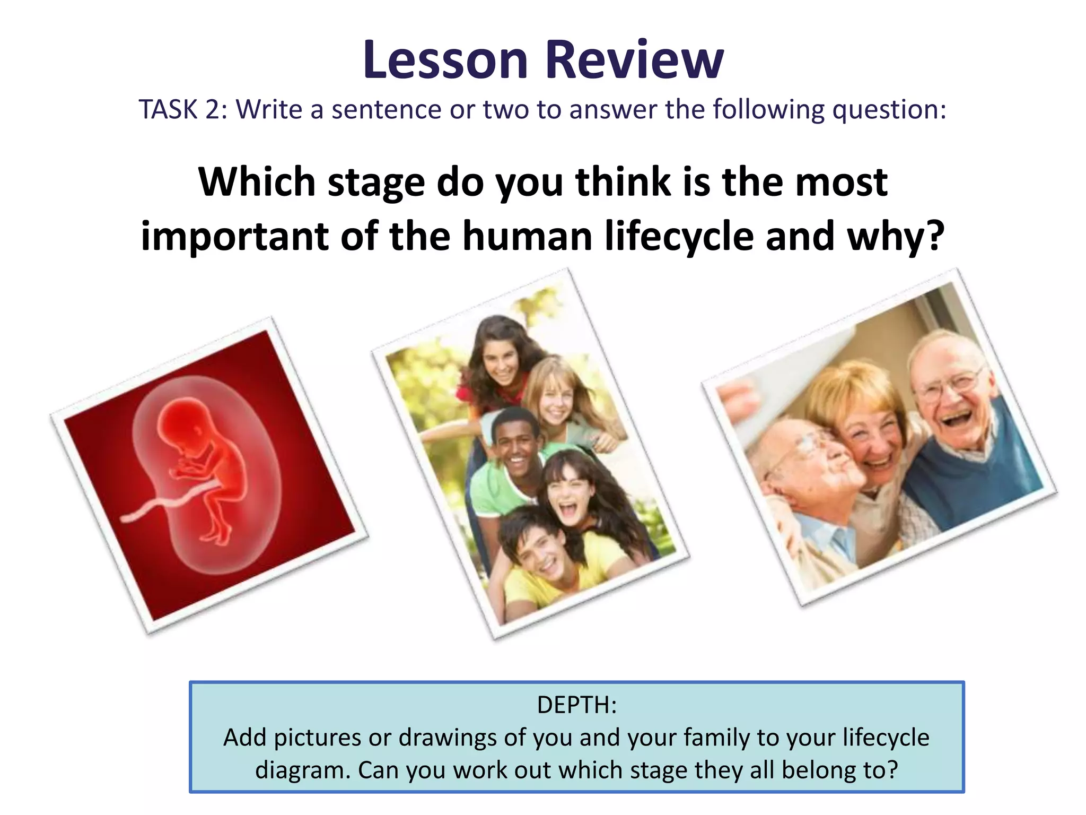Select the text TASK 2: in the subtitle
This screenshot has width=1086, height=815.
point(183,110)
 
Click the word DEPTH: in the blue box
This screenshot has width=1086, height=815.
point(577,705)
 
